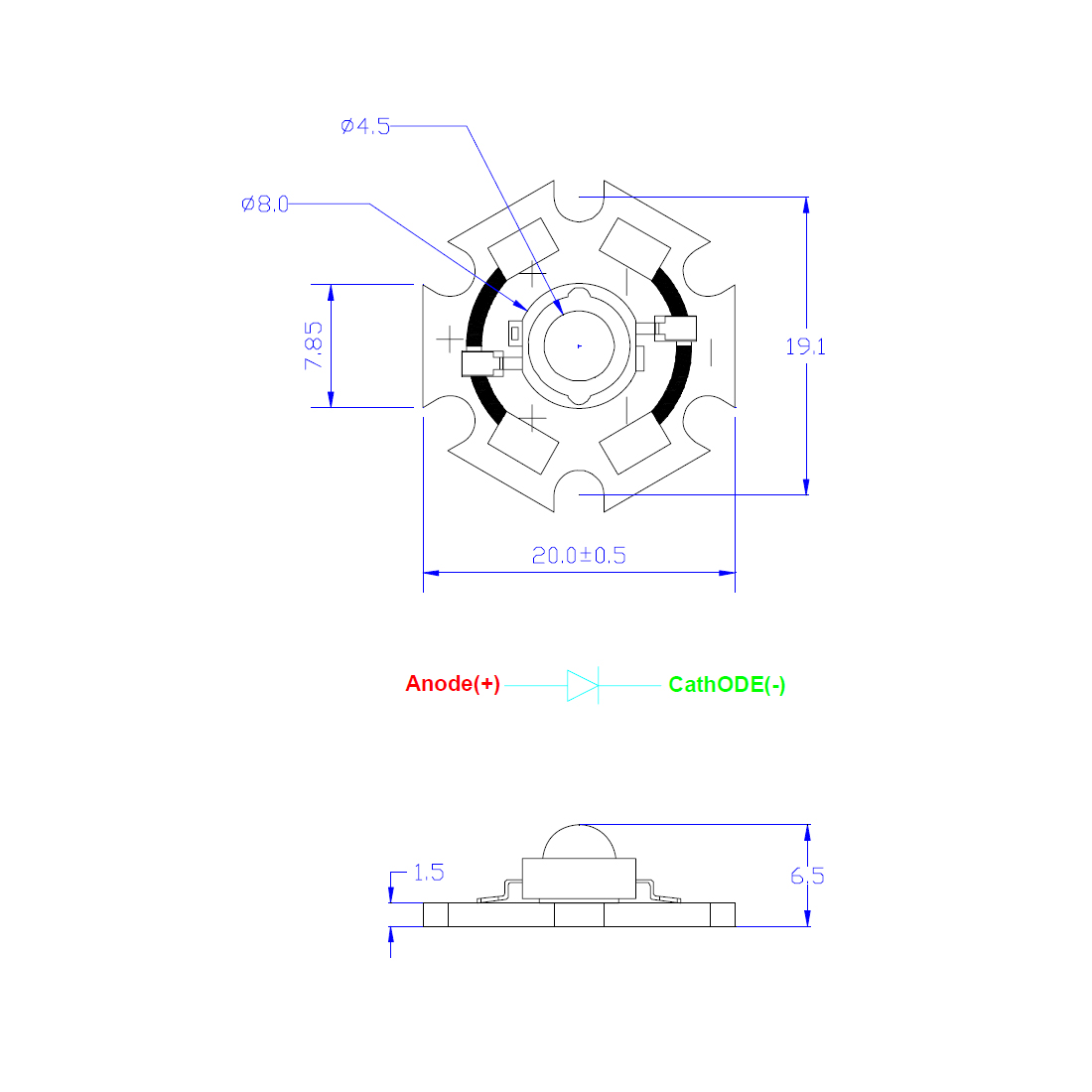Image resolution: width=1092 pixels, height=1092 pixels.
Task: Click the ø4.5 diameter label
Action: pos(365,126)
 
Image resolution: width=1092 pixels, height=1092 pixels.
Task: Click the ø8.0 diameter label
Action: pos(265,205)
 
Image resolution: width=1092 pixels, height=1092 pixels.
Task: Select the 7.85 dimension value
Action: pos(314,345)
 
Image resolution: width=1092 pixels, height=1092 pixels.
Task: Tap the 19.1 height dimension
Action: pos(806,346)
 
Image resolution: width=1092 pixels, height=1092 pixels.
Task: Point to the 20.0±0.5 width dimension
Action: pos(579,555)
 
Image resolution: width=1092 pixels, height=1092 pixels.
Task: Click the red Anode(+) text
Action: pos(453,684)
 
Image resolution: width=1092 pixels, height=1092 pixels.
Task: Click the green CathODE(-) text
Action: pos(727,685)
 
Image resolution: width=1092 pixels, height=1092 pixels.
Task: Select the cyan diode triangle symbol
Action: pos(583,685)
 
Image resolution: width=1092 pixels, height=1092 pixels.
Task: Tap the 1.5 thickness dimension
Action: pos(428,873)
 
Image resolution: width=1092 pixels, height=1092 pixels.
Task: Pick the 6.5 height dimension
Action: pos(807,877)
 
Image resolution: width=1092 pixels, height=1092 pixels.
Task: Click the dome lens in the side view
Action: pos(580,841)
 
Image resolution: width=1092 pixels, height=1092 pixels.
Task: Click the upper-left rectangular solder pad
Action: pos(523,248)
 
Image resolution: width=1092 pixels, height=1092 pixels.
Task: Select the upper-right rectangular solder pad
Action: pos(634,248)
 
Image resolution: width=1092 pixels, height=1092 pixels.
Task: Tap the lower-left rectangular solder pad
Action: pos(523,444)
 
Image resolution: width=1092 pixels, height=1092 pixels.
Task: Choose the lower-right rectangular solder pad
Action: pos(634,444)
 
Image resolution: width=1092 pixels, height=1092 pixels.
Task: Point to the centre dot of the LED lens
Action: pos(580,346)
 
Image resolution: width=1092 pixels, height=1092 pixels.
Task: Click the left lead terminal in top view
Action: pos(482,363)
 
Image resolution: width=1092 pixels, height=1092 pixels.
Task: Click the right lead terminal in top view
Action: pos(675,329)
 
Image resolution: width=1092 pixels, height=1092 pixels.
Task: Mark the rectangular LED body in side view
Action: pos(580,879)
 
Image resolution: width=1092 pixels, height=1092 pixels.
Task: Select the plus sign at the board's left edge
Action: pos(450,340)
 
